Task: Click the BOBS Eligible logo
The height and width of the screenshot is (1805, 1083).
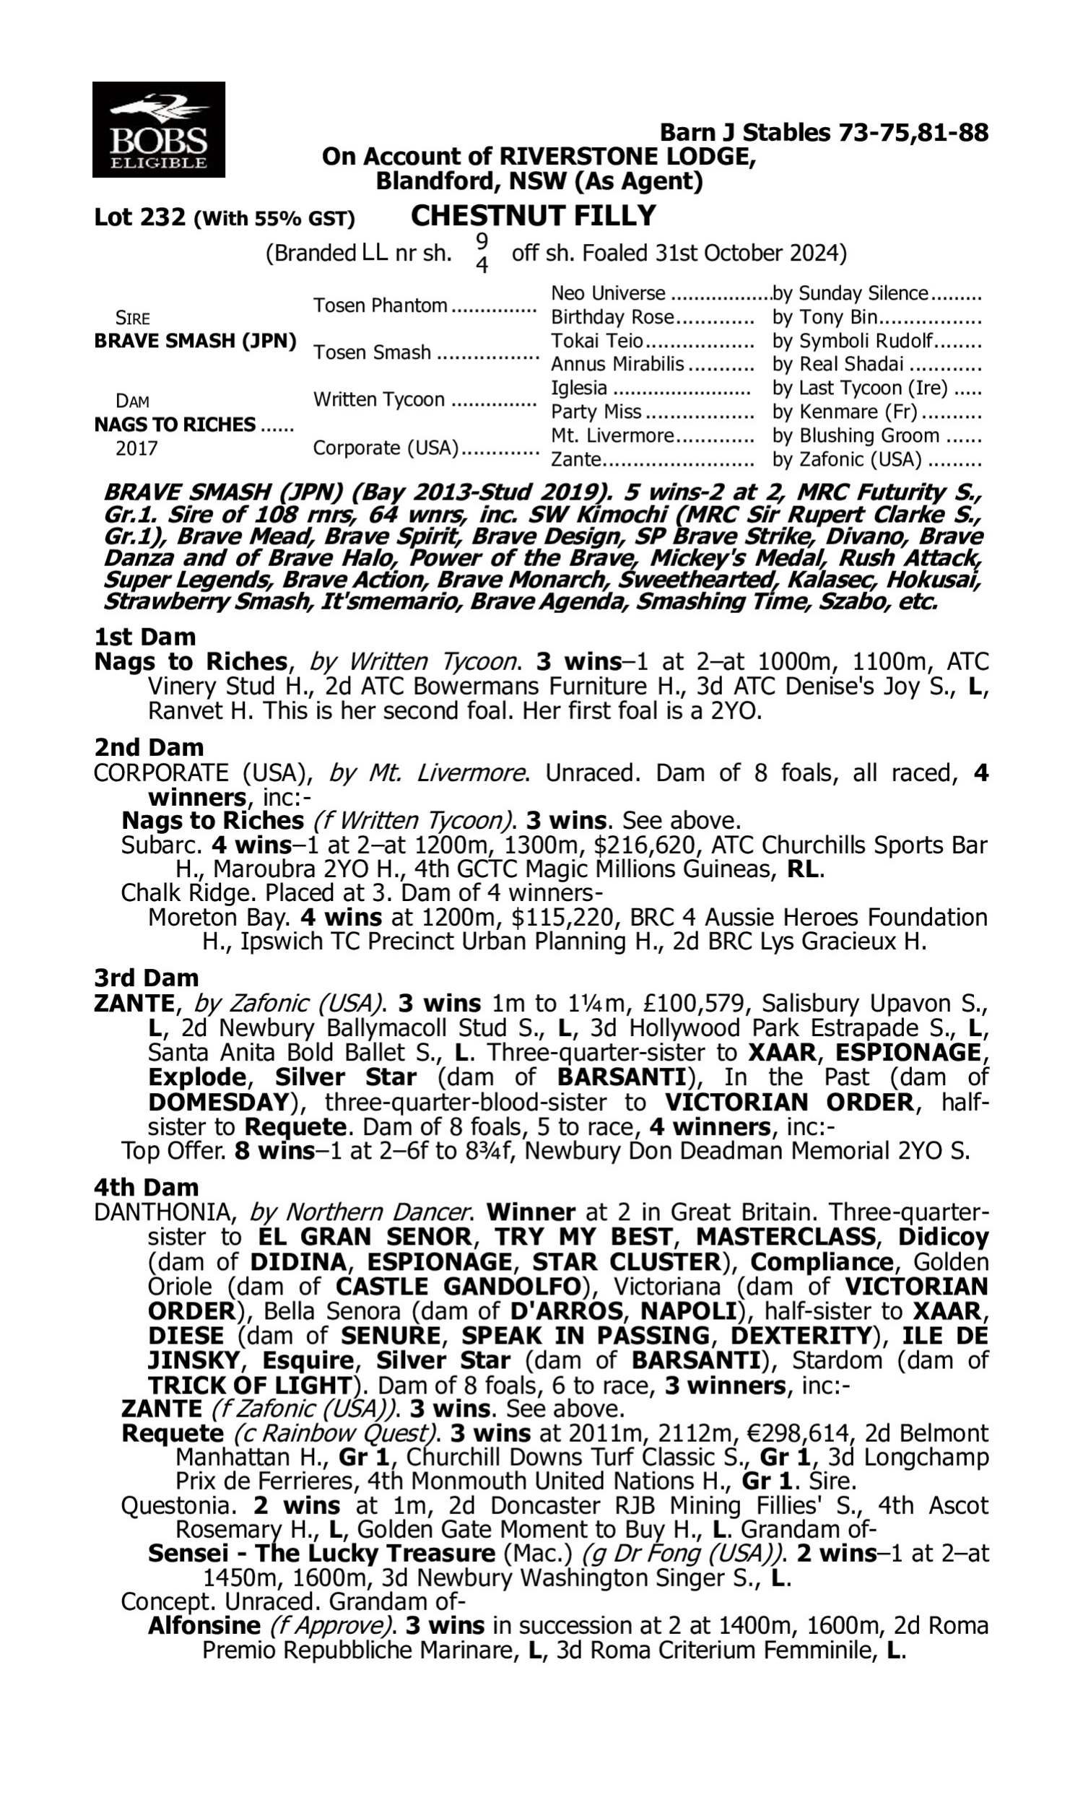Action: [158, 130]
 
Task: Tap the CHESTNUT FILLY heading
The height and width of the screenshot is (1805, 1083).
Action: [533, 216]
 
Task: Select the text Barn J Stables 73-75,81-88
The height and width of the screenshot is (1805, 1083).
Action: [823, 132]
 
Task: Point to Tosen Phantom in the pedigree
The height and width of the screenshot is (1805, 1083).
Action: [380, 305]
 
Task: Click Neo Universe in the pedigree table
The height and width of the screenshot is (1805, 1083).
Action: [608, 293]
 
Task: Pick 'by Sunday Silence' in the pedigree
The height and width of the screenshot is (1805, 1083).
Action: [850, 293]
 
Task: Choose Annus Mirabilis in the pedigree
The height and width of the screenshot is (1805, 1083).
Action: [617, 364]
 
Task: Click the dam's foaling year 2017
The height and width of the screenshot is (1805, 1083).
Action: [136, 448]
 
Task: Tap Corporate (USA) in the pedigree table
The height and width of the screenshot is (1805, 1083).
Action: [385, 447]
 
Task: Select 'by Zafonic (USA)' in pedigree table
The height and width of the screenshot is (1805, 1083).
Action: [847, 460]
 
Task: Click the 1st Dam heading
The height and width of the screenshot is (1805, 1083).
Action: [144, 637]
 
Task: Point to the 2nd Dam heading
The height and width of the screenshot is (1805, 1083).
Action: [148, 747]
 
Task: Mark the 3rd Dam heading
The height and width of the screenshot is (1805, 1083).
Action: [147, 978]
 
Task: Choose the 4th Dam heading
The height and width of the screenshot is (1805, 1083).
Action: [146, 1187]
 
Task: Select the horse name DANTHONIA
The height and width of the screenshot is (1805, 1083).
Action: [164, 1212]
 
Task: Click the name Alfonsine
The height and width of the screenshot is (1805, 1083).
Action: [204, 1624]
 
